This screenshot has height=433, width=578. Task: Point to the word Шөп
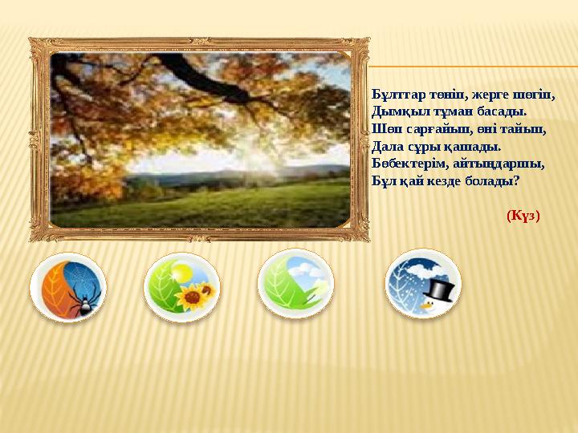point(385,129)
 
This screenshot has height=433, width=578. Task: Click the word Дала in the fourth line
point(388,146)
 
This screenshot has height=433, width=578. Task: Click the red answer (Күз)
point(523,216)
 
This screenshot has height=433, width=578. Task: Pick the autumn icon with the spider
point(67,286)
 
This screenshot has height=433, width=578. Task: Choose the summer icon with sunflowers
point(181,286)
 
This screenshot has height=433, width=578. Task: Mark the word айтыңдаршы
point(493,163)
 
